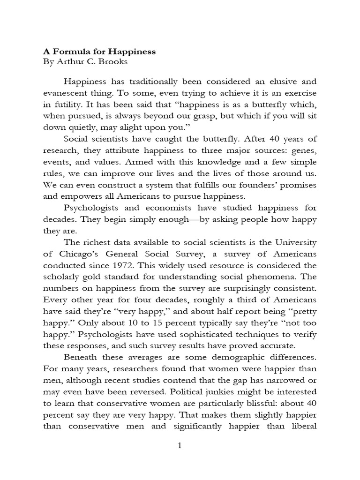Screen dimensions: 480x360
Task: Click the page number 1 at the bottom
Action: (x=180, y=446)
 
